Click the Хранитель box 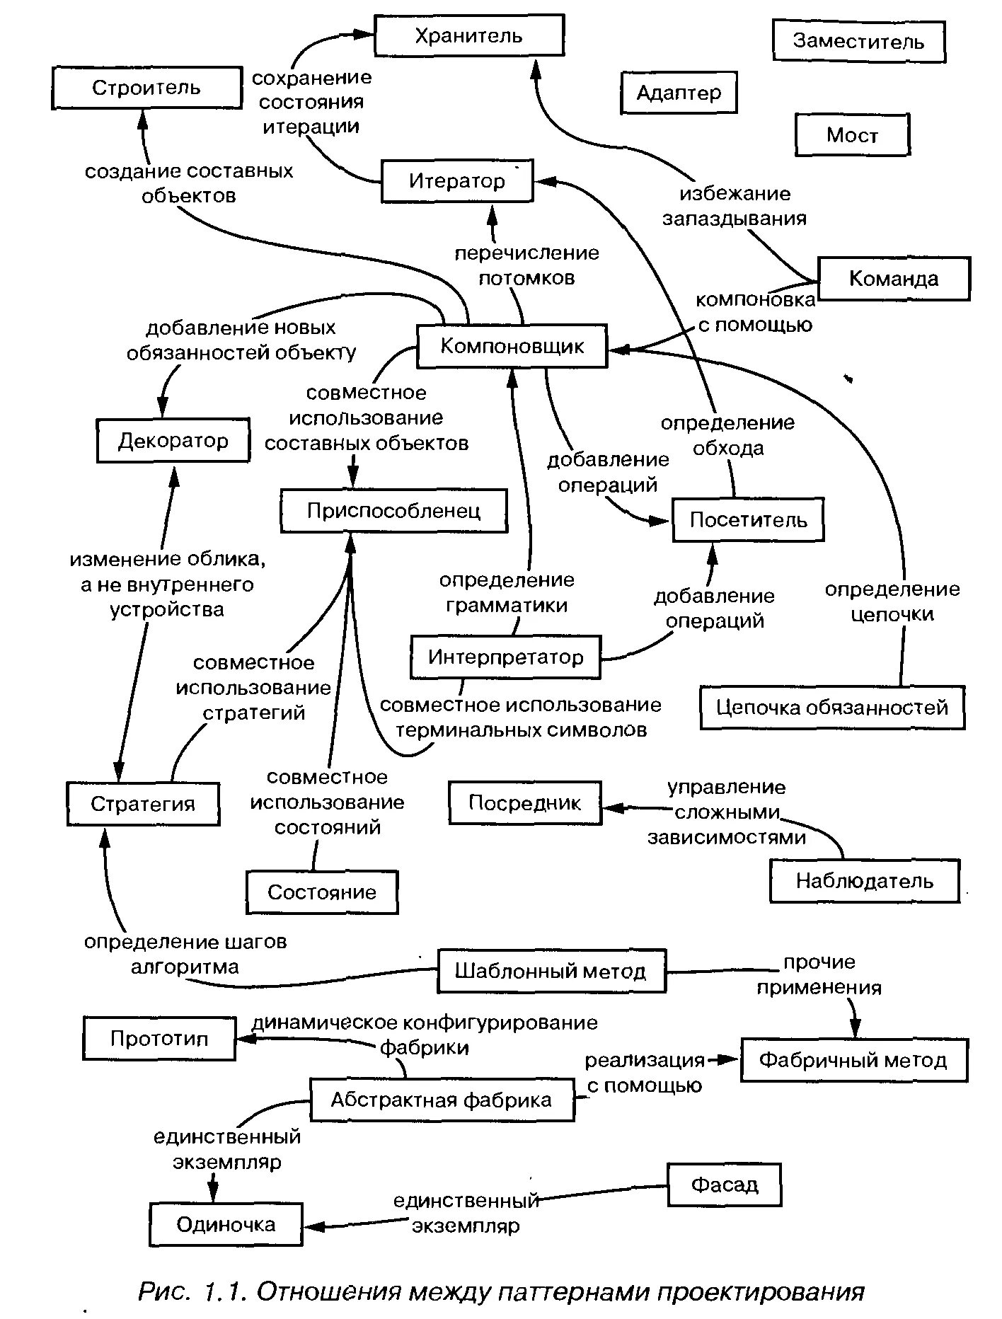[468, 35]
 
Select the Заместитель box [858, 41]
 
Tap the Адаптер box [679, 93]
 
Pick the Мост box [852, 135]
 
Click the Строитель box [146, 88]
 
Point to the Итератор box [457, 181]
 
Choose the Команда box [893, 278]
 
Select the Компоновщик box [512, 346]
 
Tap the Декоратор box [173, 441]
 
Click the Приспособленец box [393, 511]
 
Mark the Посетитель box [748, 520]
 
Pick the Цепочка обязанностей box [832, 707]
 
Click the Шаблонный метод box [551, 971]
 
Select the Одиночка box [226, 1225]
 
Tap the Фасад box [724, 1185]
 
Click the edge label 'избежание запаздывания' [735, 206]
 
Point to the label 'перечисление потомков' [526, 265]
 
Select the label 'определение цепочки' [892, 601]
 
